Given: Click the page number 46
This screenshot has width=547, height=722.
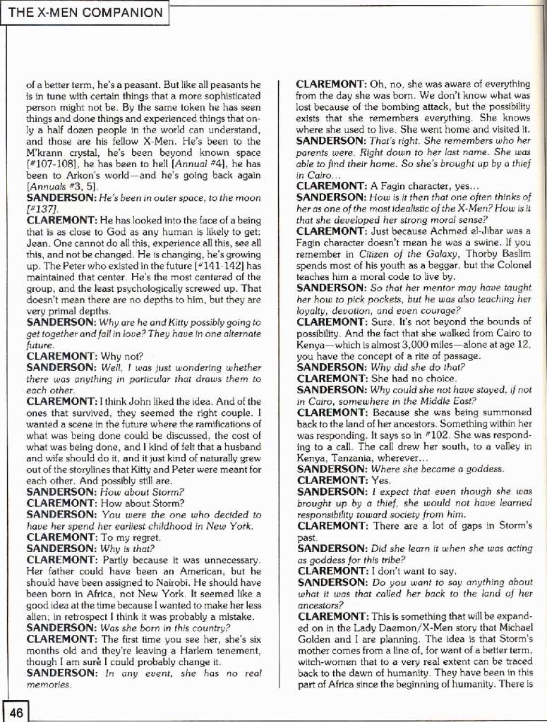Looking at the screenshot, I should click(16, 712).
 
